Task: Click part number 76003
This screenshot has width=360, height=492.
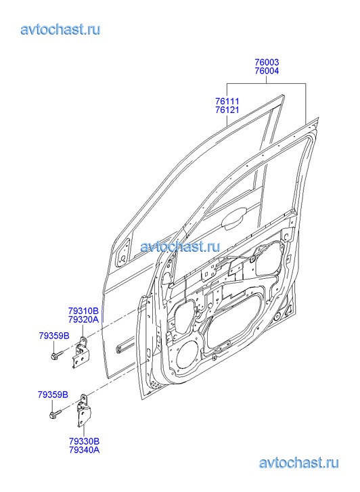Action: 267,62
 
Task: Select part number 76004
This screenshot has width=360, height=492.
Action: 267,71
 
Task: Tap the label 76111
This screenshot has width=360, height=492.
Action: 227,102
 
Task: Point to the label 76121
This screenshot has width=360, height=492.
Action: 227,110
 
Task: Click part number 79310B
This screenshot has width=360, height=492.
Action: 83,311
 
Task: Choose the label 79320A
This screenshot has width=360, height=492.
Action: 83,319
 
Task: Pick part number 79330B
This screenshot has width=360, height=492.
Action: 85,441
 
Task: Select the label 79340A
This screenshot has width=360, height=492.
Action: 85,449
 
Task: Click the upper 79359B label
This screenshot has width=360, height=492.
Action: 54,336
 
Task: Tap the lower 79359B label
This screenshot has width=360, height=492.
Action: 53,395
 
